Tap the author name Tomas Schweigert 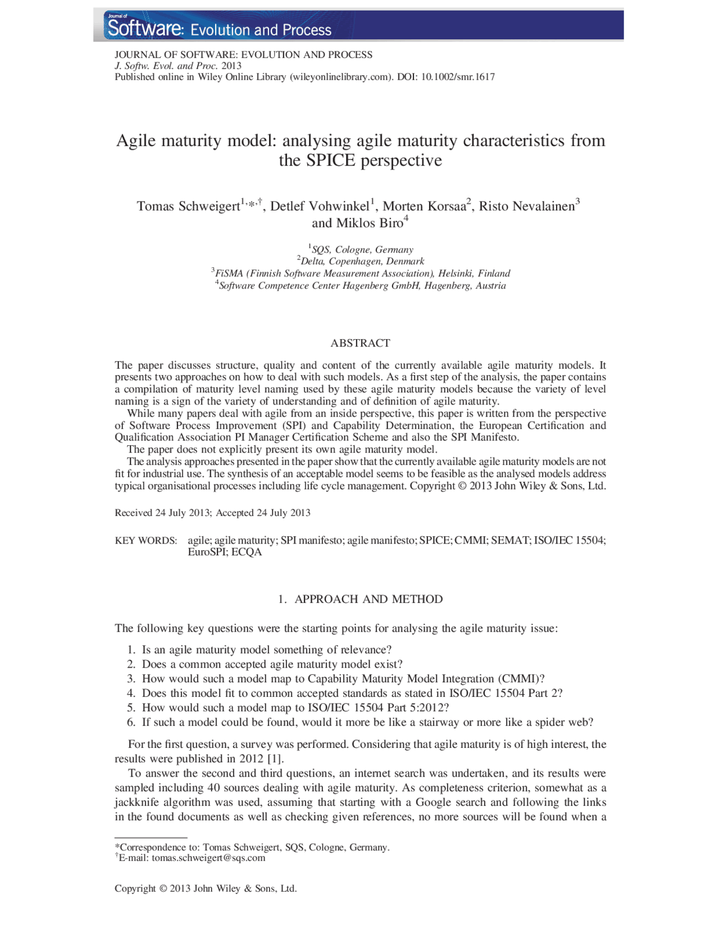(188, 206)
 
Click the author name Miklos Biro (369, 223)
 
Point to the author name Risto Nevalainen (526, 206)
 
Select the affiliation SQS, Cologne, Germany (362, 250)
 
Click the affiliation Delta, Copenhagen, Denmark (362, 262)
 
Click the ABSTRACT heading (360, 343)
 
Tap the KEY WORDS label (145, 541)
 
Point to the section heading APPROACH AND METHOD (368, 599)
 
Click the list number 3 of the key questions (131, 679)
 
